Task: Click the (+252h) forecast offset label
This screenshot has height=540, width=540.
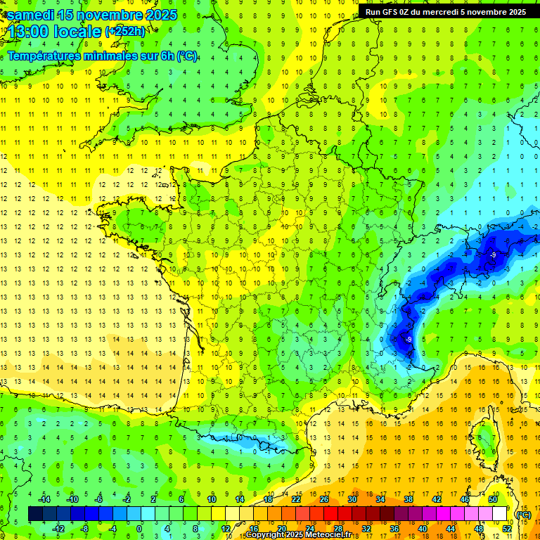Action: (125, 31)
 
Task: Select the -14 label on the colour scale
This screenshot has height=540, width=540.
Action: (45, 499)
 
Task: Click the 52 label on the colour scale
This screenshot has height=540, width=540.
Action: (507, 529)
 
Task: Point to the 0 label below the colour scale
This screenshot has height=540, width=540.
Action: (139, 529)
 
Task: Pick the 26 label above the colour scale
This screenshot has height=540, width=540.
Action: (324, 499)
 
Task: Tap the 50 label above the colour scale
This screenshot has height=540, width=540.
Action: (492, 499)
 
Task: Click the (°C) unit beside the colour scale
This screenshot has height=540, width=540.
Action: (523, 515)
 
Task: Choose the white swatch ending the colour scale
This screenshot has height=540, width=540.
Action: (500, 514)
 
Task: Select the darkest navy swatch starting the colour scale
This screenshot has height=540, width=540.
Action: (35, 514)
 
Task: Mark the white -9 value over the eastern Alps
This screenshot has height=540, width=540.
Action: (494, 255)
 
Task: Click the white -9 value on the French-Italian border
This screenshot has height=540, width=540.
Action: (409, 339)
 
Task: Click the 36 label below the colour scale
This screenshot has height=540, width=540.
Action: (394, 529)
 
